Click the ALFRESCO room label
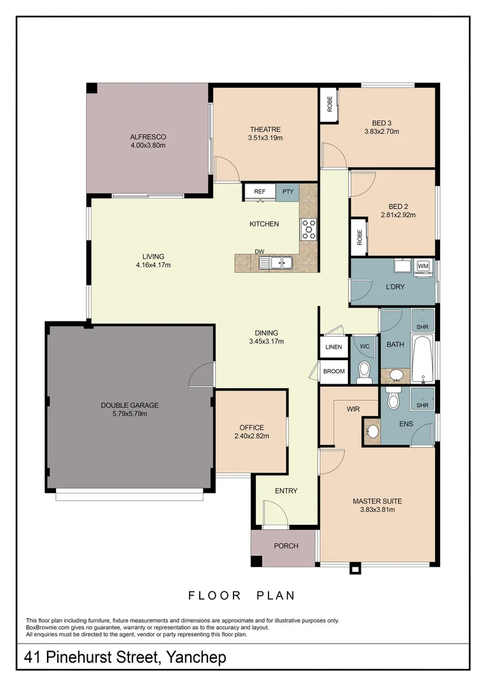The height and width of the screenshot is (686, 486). pyautogui.click(x=148, y=137)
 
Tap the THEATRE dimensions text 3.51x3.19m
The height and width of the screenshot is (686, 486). pyautogui.click(x=265, y=138)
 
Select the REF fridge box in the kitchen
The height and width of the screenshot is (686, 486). pyautogui.click(x=260, y=191)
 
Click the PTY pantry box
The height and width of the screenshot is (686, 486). pyautogui.click(x=288, y=191)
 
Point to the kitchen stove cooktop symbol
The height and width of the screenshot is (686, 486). pyautogui.click(x=309, y=229)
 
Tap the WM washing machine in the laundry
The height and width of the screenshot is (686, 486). pyautogui.click(x=423, y=266)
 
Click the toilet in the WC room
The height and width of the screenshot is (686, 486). pyautogui.click(x=364, y=371)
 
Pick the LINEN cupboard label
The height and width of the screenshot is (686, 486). pyautogui.click(x=333, y=347)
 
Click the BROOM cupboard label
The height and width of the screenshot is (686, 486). pyautogui.click(x=333, y=372)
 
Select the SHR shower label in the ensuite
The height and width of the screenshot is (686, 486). pyautogui.click(x=422, y=405)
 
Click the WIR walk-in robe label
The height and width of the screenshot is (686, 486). pyautogui.click(x=354, y=410)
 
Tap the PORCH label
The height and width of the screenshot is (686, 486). pyautogui.click(x=286, y=546)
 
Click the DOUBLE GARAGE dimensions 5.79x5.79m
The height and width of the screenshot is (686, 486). pyautogui.click(x=130, y=414)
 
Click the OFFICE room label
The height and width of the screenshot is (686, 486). pyautogui.click(x=251, y=427)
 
